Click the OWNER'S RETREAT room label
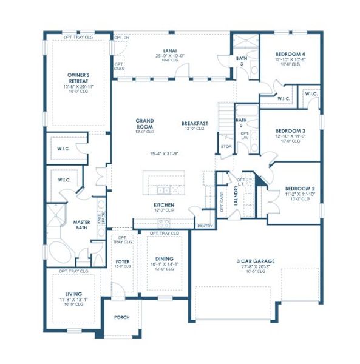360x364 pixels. coord(79,78)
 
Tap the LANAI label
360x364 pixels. coord(169,50)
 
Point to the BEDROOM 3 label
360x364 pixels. coord(290,131)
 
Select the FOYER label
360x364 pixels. coord(123,261)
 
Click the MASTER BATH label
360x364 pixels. coord(82,225)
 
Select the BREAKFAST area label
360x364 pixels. coord(194,123)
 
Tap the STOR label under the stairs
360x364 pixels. coord(226,146)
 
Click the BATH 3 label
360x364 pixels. coord(240,61)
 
